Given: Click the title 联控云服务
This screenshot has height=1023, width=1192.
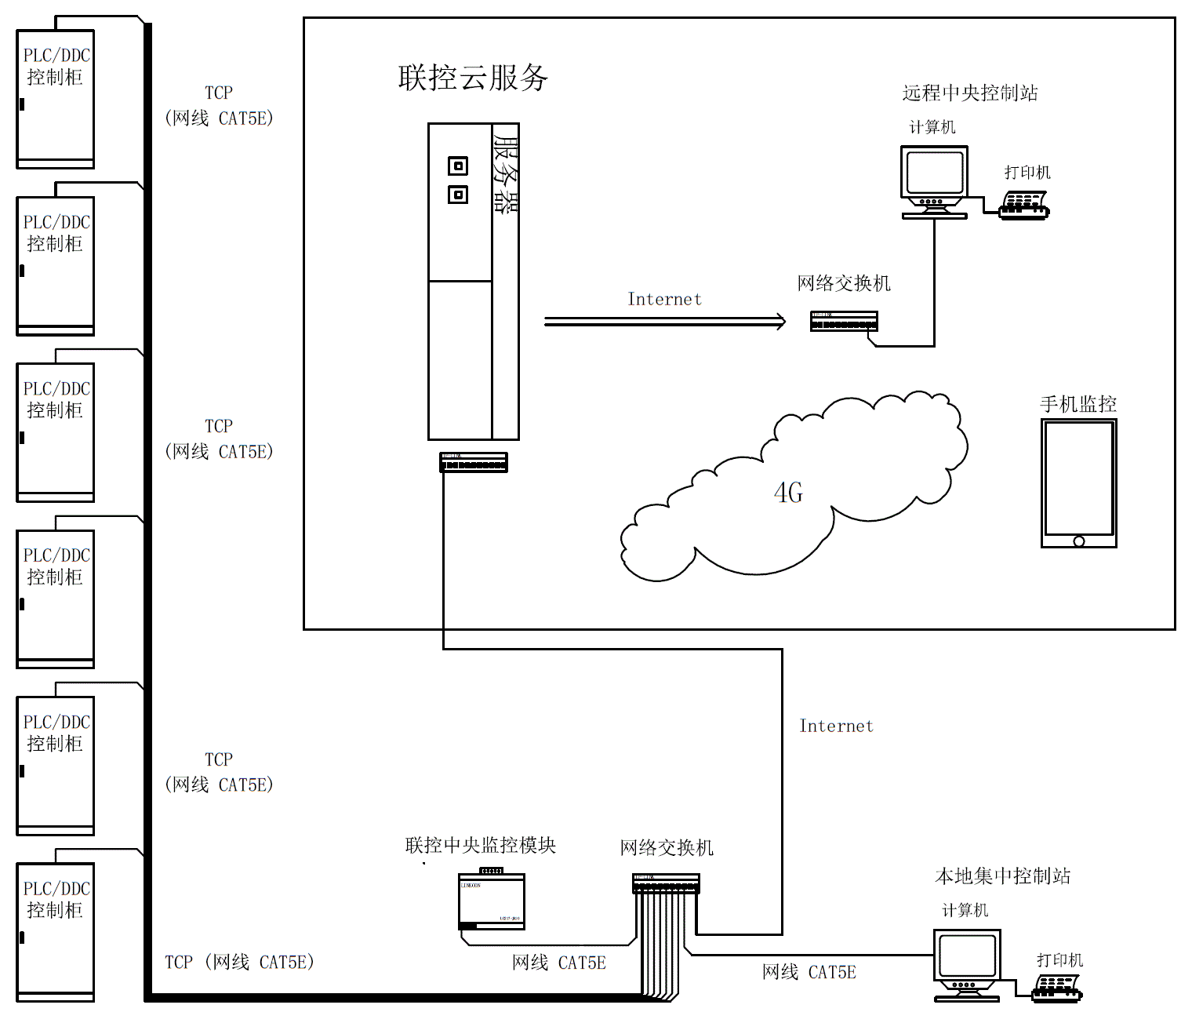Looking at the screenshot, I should point(473,78).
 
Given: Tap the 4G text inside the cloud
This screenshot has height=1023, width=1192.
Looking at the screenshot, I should point(788,493).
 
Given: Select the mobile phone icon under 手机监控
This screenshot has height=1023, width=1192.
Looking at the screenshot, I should point(1078,482).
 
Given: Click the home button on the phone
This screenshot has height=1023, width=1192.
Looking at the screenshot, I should point(1079,541).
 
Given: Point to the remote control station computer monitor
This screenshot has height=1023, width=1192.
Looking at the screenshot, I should point(934,174).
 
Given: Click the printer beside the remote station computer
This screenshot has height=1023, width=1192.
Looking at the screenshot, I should point(1024,205).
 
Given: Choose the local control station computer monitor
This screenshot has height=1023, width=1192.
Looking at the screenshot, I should point(967,958).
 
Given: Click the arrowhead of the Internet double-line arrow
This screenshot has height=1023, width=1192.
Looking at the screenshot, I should point(780,322).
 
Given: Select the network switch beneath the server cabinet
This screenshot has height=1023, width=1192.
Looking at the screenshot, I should point(474,463).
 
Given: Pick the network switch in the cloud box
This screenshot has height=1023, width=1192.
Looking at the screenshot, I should point(844,321).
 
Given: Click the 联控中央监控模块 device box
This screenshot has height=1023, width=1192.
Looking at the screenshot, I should point(492,901).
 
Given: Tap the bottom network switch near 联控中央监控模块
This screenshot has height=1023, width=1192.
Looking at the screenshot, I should point(666,884).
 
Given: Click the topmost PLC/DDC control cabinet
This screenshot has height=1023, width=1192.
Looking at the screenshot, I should point(56,99).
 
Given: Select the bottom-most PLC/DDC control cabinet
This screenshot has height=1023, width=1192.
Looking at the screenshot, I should point(56,932).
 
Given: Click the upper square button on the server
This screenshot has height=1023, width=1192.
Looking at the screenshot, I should point(458,166).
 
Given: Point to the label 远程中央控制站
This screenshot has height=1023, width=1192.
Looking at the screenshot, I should point(970,93).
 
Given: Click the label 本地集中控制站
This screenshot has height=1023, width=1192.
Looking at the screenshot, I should point(1002,876).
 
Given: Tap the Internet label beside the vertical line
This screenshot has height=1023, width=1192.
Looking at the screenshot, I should point(836,726).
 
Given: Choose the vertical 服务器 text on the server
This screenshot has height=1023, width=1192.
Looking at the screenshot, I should point(505,174).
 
